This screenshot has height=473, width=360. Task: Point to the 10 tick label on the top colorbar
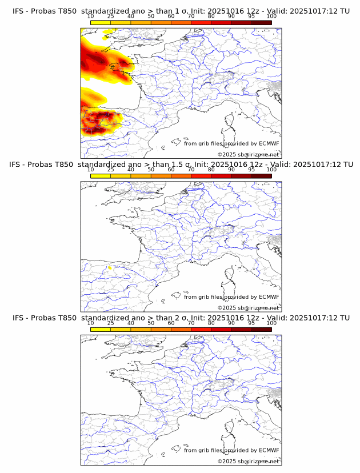(91, 16)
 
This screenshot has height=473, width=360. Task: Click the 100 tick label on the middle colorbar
(271, 170)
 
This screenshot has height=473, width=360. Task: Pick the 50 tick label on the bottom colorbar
(151, 323)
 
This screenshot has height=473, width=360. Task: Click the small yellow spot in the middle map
(110, 266)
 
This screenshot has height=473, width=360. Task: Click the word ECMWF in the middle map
(269, 297)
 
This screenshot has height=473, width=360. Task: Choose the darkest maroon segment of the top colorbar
(261, 22)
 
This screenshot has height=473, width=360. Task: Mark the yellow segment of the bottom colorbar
(101, 329)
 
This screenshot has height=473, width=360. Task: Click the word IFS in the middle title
(18, 165)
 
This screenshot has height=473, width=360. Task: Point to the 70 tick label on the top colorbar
(191, 16)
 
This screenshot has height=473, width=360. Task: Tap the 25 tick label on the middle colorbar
(111, 170)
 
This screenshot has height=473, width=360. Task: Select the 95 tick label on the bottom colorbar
(251, 323)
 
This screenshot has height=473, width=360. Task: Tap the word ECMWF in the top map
(269, 143)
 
